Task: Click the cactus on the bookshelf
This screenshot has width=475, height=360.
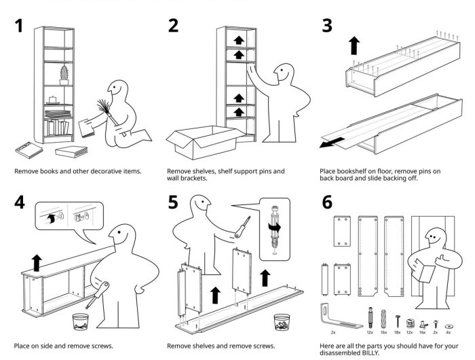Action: pyautogui.click(x=65, y=73)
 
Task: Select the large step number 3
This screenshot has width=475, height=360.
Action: pyautogui.click(x=328, y=26)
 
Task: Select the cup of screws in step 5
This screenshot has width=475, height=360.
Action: pyautogui.click(x=282, y=321)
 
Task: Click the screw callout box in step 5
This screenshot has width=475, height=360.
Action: pyautogui.click(x=275, y=228)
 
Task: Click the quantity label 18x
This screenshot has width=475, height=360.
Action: pyautogui.click(x=399, y=333)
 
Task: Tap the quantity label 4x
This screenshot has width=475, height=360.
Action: pyautogui.click(x=448, y=333)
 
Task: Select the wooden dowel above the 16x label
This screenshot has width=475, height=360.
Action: pyautogui.click(x=383, y=317)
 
